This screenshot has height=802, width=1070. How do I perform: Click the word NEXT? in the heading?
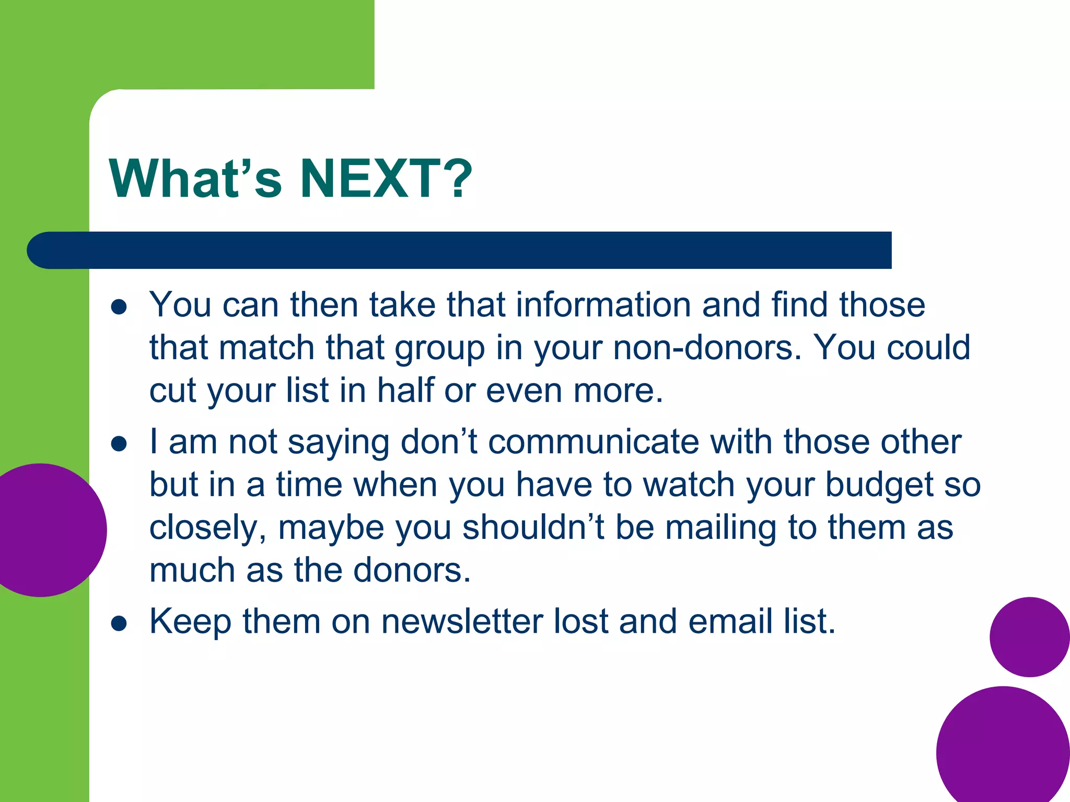click(386, 179)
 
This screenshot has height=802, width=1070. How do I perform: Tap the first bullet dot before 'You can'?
click(119, 307)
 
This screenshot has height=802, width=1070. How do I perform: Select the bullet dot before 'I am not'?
click(119, 444)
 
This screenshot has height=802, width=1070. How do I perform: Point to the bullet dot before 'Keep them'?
click(119, 623)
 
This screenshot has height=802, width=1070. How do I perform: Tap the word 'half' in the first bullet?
click(405, 391)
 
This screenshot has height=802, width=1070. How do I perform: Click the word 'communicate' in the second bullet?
click(593, 442)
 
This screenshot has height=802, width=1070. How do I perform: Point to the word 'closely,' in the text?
click(208, 528)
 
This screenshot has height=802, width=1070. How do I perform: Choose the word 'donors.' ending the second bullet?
click(412, 570)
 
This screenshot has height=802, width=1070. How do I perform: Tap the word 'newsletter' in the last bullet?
click(462, 621)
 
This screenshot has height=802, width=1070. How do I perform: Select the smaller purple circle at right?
click(1029, 637)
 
